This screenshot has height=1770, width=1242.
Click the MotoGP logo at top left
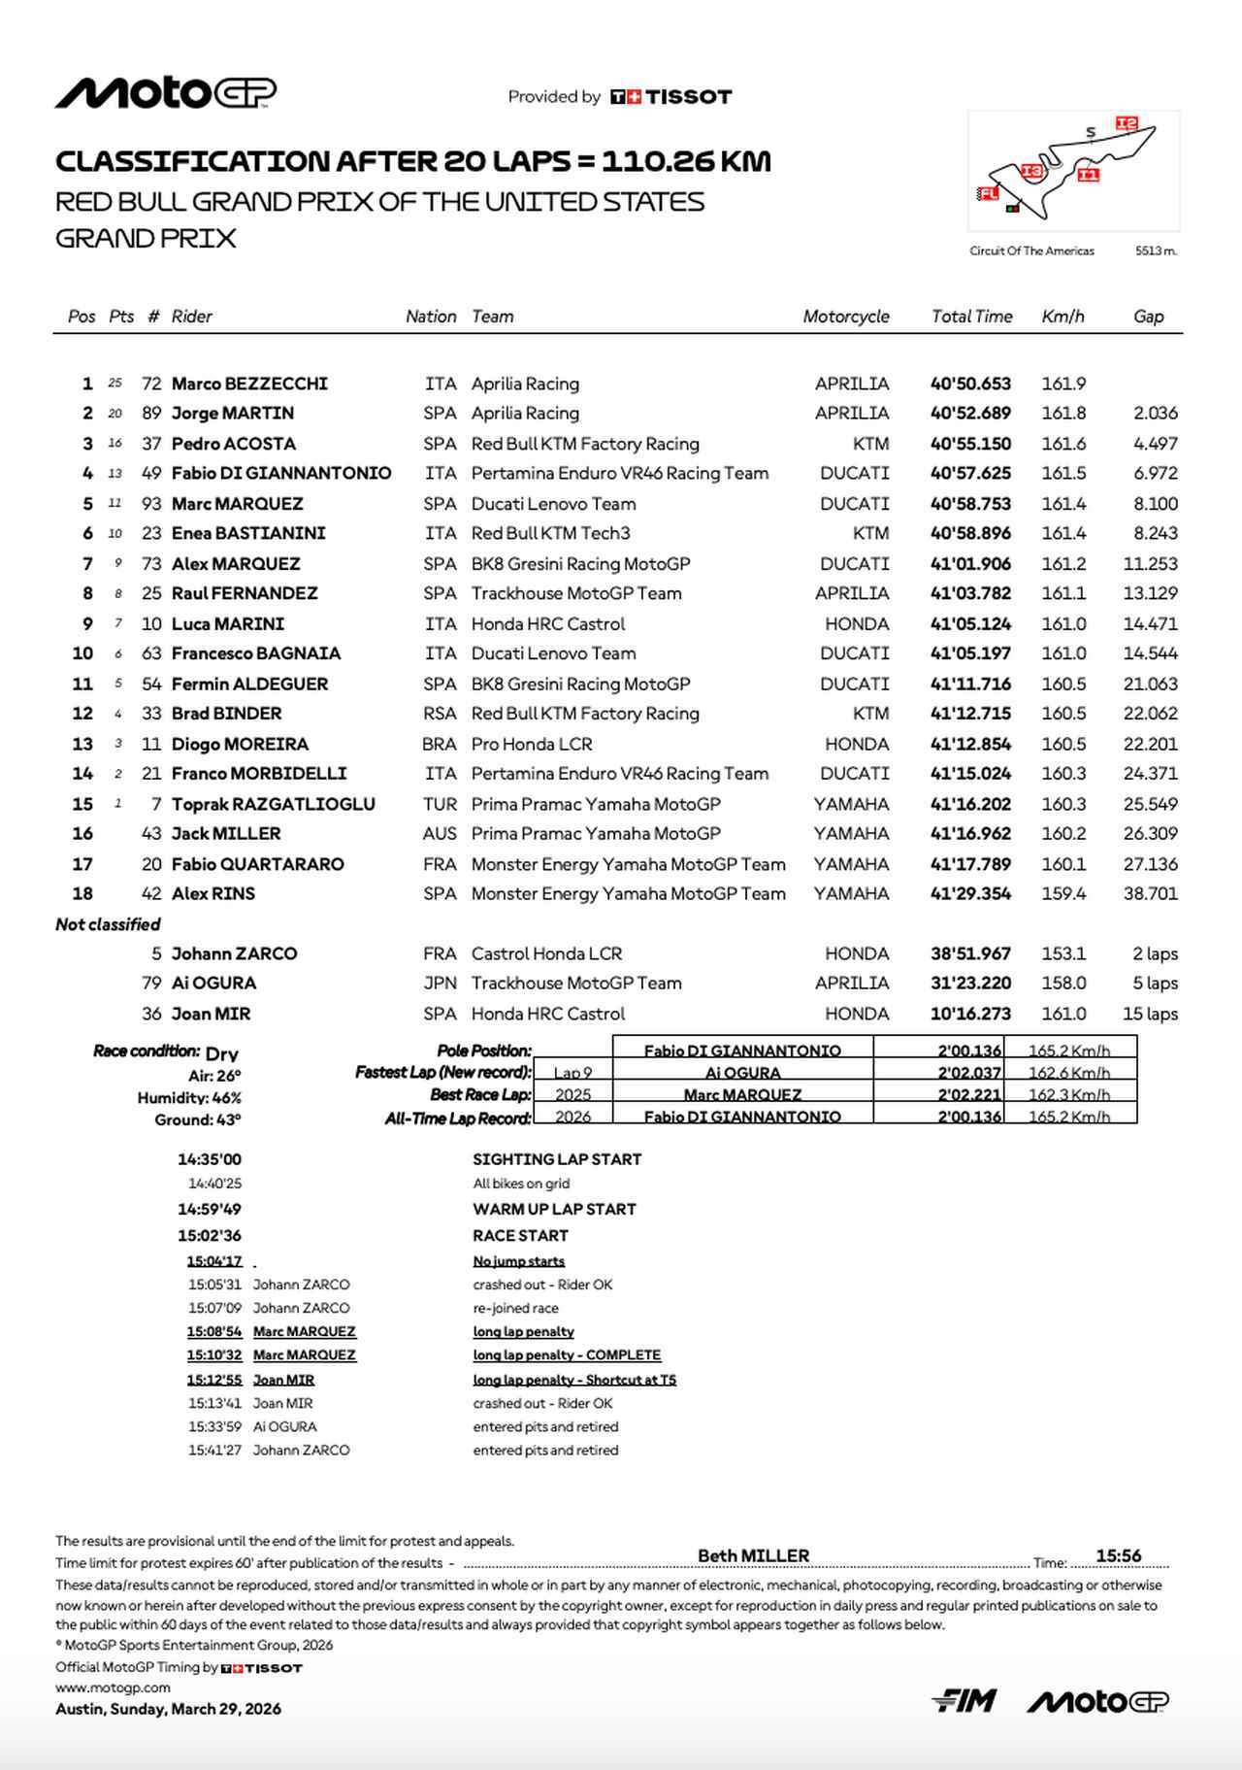[x=166, y=93]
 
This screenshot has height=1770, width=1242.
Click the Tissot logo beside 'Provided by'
[x=670, y=97]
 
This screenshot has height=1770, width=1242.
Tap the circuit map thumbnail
[x=1072, y=170]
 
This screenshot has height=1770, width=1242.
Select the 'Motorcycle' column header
[x=845, y=317]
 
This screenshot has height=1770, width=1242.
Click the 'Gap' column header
[x=1148, y=317]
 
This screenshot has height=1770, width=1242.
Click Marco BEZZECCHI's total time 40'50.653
[x=970, y=384]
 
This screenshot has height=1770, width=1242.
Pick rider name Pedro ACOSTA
[x=234, y=444]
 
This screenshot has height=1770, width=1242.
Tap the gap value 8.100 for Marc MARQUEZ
[x=1155, y=504]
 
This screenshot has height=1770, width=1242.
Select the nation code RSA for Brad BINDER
[x=440, y=714]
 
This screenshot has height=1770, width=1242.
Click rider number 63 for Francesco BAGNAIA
[x=151, y=653]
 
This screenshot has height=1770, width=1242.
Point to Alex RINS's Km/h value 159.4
[x=1063, y=893]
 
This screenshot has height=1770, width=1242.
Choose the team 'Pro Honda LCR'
[x=532, y=744]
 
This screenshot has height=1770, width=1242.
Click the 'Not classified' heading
[x=108, y=924]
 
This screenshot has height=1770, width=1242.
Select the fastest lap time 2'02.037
[x=968, y=1073]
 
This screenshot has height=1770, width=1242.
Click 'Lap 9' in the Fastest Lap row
[x=572, y=1073]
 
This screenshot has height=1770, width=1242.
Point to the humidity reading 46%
[x=226, y=1098]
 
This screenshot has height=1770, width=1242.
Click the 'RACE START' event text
[x=520, y=1236]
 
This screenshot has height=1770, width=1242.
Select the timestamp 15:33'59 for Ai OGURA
[x=214, y=1427]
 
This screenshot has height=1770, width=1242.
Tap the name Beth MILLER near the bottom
[x=753, y=1556]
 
